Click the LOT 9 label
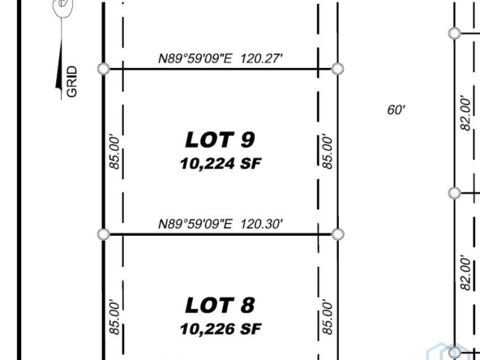[x=220, y=140]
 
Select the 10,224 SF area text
[x=221, y=164]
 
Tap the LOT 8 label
[x=220, y=306]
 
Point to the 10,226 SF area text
[x=221, y=329]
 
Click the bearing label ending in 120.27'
[x=221, y=58]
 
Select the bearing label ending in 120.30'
[x=221, y=224]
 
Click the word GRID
[x=71, y=82]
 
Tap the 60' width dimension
[x=396, y=109]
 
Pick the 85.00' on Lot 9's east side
[x=327, y=152]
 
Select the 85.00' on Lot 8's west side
[x=114, y=318]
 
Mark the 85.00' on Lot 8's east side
[x=327, y=318]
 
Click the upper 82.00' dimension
[x=465, y=114]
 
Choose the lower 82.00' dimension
[x=465, y=272]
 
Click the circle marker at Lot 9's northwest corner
[x=104, y=69]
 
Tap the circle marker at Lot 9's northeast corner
[x=337, y=69]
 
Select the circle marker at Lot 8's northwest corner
[x=104, y=234]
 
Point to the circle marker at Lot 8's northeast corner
[x=337, y=234]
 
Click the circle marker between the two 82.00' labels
[x=455, y=193]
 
